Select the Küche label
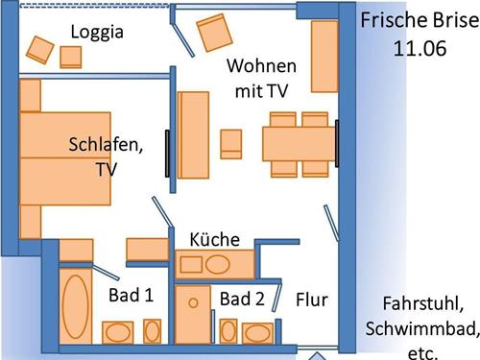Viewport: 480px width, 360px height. [214, 239]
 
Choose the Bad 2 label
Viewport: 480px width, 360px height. [241, 300]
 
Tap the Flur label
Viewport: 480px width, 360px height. [311, 300]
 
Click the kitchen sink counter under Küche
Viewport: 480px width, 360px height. [217, 264]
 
